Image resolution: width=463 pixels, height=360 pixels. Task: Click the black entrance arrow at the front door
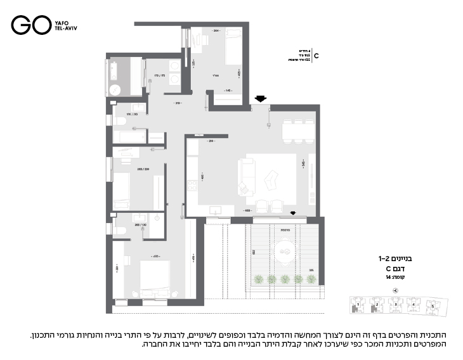[259, 98]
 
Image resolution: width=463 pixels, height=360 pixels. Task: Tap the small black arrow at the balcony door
[292, 213]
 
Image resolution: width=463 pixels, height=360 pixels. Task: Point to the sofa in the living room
[245, 177]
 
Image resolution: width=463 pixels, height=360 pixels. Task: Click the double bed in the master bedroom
[154, 279]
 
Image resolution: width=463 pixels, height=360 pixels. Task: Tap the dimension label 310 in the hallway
[179, 103]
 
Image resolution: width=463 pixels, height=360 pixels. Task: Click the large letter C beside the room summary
[316, 56]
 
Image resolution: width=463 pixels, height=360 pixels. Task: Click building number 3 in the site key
[396, 305]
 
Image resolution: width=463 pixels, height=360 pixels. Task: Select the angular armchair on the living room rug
[271, 181]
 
